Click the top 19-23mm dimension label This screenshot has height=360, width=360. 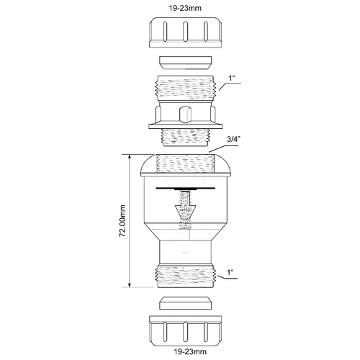pyautogui.click(x=185, y=8)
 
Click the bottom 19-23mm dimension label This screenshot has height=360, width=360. pyautogui.click(x=190, y=352)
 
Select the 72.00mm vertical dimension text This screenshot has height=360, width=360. pyautogui.click(x=122, y=221)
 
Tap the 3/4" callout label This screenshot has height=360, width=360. pyautogui.click(x=234, y=140)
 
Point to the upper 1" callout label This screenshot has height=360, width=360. pyautogui.click(x=231, y=78)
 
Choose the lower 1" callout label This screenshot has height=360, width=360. pyautogui.click(x=230, y=272)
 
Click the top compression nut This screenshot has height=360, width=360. pyautogui.click(x=185, y=32)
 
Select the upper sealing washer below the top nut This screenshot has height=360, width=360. pyautogui.click(x=186, y=63)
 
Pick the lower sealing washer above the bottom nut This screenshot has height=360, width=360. pyautogui.click(x=186, y=303)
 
